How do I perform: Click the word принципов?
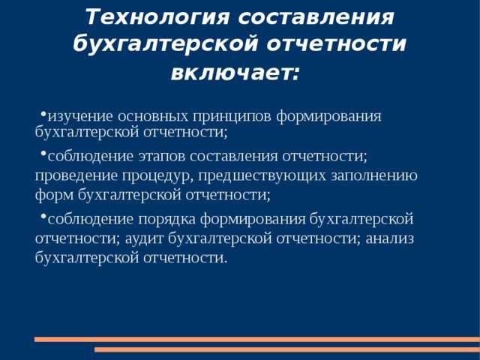[x=241, y=116]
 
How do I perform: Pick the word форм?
[x=54, y=195]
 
